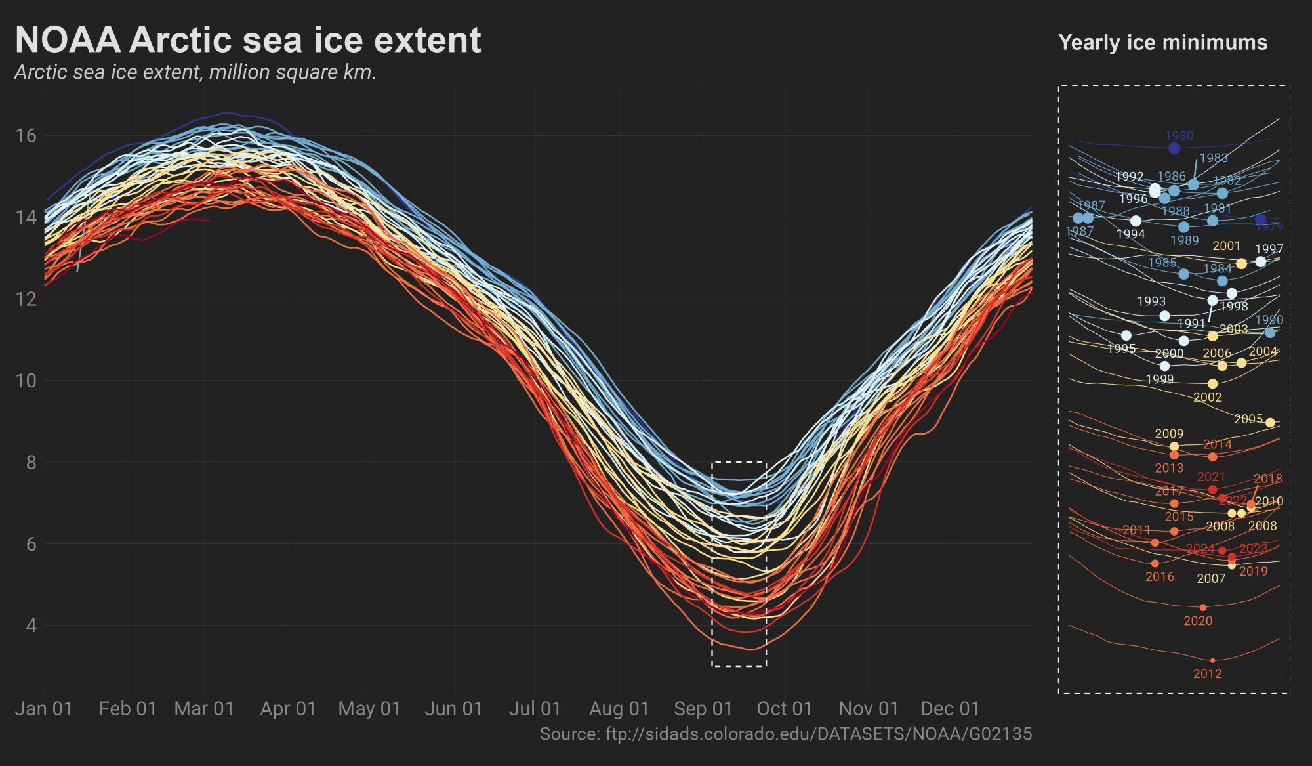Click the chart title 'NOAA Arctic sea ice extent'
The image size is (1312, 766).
248,40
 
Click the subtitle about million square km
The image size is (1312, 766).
195,72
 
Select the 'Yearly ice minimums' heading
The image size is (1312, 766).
1162,43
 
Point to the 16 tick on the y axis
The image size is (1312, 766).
26,136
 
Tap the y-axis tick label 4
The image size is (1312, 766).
31,626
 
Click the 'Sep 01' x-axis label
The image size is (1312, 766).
703,709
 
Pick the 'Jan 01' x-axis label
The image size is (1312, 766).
43,709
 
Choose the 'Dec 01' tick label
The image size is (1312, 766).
950,709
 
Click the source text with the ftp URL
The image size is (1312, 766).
785,734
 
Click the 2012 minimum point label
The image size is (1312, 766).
1207,674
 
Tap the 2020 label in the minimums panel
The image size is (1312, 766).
1198,621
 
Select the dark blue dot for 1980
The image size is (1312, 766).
1174,148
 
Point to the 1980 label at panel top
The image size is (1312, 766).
1179,136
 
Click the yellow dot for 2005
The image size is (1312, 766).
1270,423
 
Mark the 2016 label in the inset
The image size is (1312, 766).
1159,577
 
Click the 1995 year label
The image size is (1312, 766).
1121,349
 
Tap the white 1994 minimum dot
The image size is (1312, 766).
1136,221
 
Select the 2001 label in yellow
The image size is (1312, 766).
1226,246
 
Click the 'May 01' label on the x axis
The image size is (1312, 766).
369,709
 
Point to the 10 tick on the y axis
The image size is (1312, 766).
26,381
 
